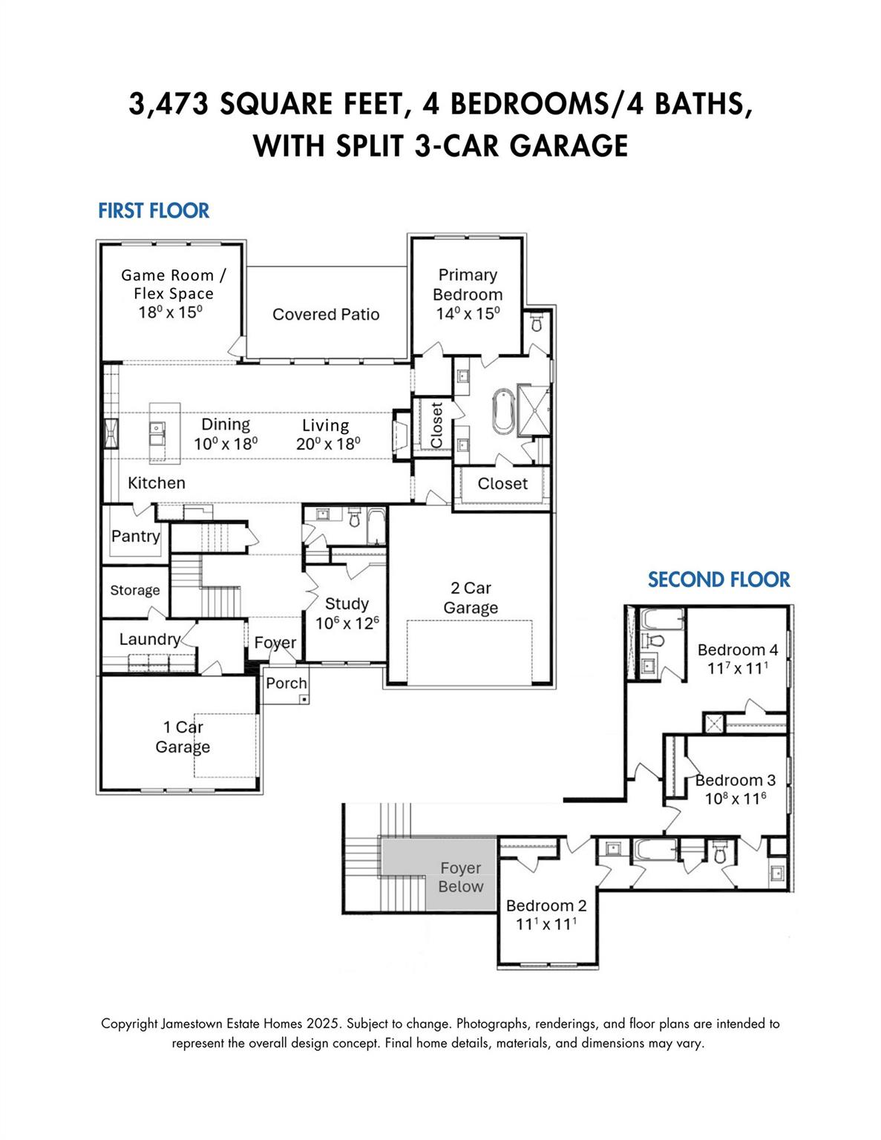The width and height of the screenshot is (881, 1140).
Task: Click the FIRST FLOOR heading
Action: [154, 211]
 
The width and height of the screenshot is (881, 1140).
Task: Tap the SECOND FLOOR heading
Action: [718, 580]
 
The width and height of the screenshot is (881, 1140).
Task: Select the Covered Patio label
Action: [326, 315]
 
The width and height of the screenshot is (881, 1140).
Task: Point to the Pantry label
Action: [135, 536]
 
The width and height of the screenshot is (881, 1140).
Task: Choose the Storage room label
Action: [135, 590]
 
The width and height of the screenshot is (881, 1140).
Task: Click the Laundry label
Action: [149, 639]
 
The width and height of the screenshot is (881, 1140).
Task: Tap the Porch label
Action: [286, 684]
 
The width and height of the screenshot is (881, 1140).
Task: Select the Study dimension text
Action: [347, 623]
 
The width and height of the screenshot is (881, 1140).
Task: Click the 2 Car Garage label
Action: [471, 598]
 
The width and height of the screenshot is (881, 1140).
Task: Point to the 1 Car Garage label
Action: [183, 737]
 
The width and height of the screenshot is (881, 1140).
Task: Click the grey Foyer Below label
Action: [460, 877]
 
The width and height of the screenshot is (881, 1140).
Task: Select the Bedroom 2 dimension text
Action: [546, 925]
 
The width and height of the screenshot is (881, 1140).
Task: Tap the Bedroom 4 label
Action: [737, 650]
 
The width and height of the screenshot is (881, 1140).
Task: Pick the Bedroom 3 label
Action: [735, 780]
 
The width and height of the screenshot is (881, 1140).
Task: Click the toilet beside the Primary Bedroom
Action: [536, 324]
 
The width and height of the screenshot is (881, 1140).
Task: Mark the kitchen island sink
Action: [157, 428]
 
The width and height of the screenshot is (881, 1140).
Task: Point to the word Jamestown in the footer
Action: [197, 1023]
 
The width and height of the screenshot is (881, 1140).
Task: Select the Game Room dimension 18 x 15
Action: [170, 312]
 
